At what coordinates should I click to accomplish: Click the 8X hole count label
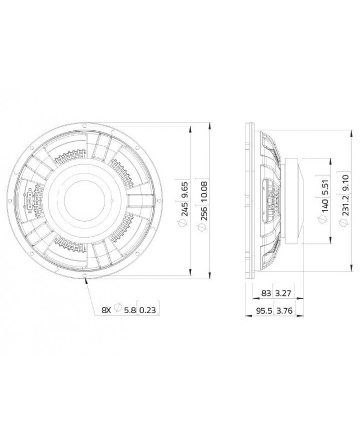click(x=107, y=311)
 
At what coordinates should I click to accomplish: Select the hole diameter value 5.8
click(x=128, y=311)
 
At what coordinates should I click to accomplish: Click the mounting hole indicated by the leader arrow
click(x=84, y=275)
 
